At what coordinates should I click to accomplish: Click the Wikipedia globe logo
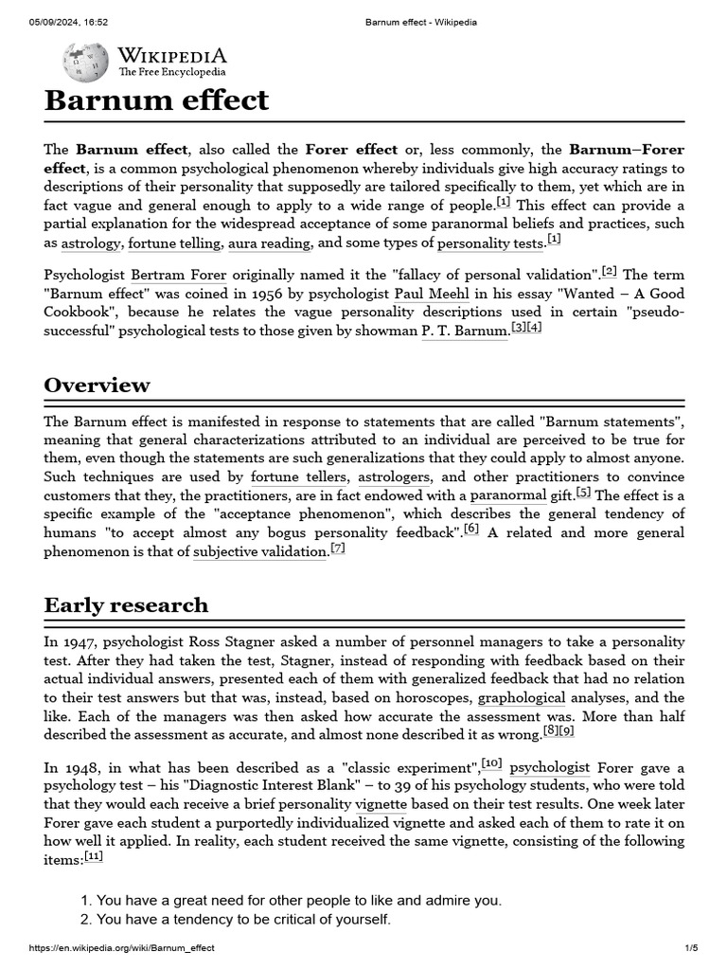(84, 63)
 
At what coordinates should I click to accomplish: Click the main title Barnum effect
(156, 100)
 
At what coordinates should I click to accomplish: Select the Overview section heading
(97, 385)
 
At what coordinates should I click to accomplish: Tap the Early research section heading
(126, 604)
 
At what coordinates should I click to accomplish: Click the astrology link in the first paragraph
(91, 243)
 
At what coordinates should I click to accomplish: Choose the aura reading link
(272, 243)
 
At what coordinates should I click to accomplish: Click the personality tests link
(490, 243)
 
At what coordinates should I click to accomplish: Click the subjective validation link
(259, 551)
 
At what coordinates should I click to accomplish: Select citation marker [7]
(338, 548)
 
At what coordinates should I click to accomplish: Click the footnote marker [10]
(491, 763)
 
